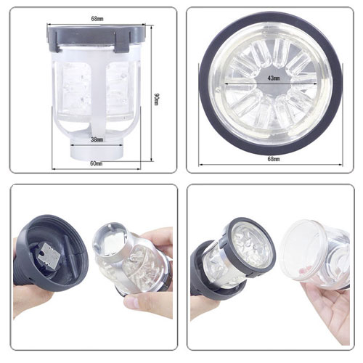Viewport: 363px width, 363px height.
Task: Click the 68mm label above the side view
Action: tap(97, 18)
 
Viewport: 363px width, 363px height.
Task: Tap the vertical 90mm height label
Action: tap(156, 99)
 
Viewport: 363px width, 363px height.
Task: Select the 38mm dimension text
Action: tap(97, 139)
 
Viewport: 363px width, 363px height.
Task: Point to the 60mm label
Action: tap(97, 163)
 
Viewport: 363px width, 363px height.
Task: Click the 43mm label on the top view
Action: tap(274, 78)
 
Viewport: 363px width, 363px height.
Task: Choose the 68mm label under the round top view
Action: tap(274, 159)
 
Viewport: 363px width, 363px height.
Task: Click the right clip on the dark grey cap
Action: tap(123, 42)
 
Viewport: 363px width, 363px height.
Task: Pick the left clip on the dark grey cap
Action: tap(54, 41)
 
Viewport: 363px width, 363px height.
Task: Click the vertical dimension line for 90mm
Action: tap(152, 93)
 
